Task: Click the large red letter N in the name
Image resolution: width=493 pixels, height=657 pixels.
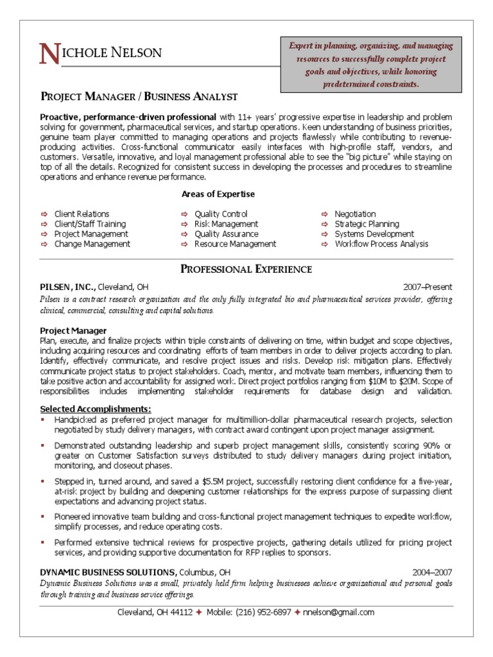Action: [49, 55]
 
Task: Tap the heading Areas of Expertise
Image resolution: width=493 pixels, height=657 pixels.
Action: [218, 194]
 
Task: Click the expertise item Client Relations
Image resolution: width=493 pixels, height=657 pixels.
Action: [82, 214]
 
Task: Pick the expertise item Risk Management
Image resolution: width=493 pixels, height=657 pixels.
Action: [226, 224]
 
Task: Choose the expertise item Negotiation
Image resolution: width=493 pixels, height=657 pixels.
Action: [355, 214]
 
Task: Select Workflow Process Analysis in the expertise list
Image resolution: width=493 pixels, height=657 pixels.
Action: [381, 244]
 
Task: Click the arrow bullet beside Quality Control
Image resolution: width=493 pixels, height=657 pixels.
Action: [184, 214]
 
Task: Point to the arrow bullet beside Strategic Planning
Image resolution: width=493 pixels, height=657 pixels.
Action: [324, 225]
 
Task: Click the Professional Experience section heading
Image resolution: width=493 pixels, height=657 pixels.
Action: [246, 269]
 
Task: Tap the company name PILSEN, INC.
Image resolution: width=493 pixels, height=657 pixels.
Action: [68, 287]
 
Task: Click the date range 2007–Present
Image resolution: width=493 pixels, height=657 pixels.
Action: [428, 287]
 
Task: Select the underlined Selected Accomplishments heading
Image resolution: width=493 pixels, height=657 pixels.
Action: [96, 409]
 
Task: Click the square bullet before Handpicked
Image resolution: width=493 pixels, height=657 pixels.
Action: [43, 419]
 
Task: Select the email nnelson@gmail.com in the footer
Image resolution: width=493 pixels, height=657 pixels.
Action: [338, 612]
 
